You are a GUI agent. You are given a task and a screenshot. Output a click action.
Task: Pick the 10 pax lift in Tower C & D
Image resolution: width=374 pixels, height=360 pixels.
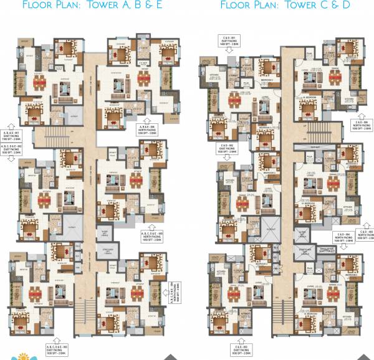tap(270, 230)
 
